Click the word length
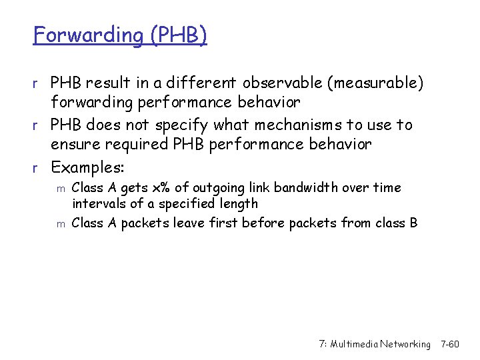[237, 204]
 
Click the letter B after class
[413, 223]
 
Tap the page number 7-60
[450, 344]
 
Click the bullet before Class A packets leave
[60, 224]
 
